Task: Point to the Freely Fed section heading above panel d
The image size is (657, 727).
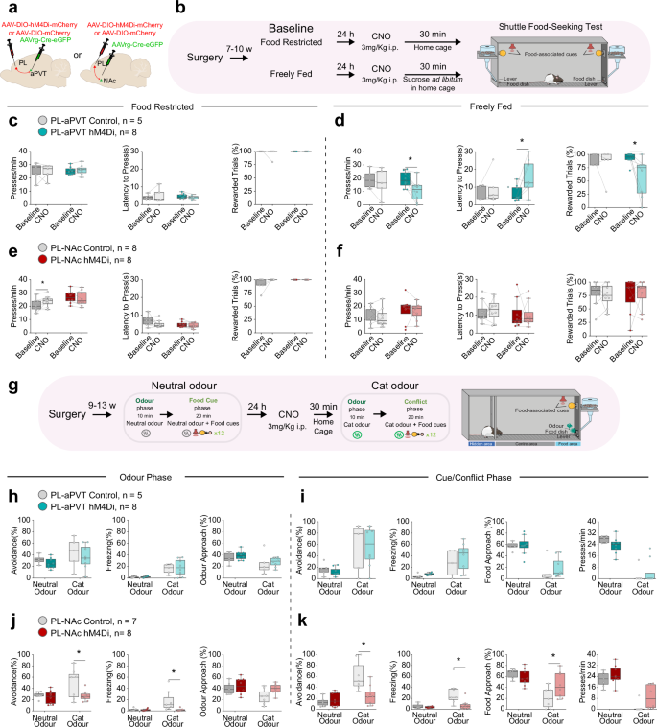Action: click(490, 109)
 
